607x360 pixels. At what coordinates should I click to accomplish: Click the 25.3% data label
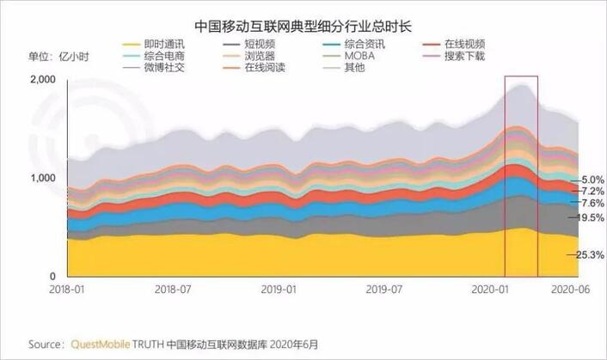[587, 254]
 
